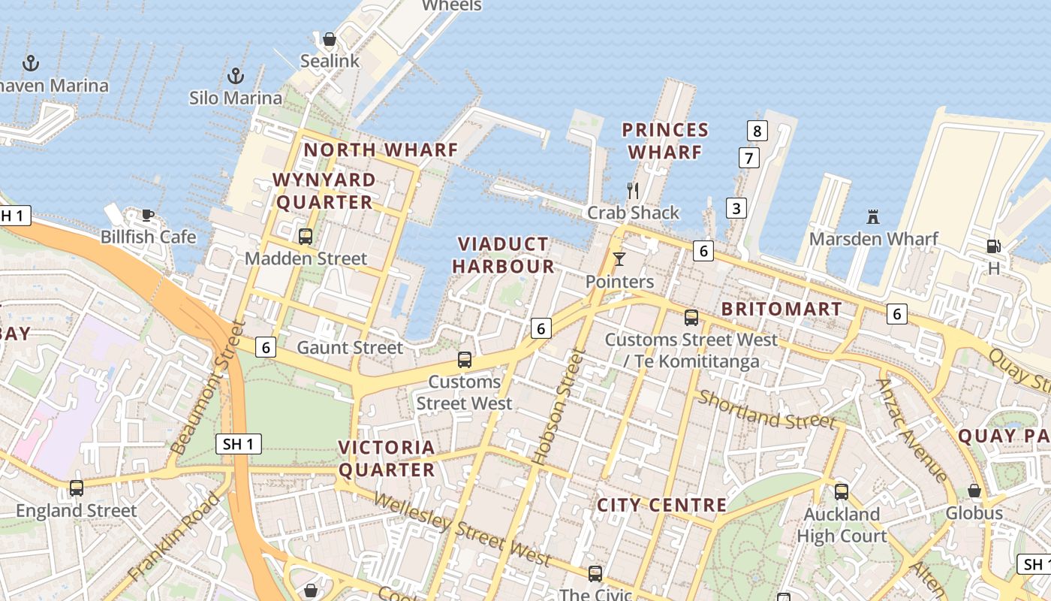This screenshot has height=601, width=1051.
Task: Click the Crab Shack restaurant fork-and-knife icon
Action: [x=633, y=191]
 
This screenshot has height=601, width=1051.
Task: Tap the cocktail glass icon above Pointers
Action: [x=619, y=260]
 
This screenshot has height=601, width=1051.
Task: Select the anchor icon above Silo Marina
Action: [x=236, y=76]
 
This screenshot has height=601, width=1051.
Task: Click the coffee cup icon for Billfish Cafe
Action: [x=148, y=216]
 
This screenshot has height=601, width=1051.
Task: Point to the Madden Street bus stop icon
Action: [x=306, y=237]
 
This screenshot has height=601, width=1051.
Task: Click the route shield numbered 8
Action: [x=757, y=131]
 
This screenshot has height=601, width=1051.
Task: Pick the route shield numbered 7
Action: [x=748, y=158]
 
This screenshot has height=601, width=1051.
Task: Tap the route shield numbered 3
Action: [x=736, y=208]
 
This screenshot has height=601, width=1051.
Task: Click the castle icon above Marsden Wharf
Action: [x=872, y=217]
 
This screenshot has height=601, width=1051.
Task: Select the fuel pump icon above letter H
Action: [x=993, y=246]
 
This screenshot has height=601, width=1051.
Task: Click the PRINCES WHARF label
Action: [x=665, y=141]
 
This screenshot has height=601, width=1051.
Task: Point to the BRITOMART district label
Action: [x=781, y=309]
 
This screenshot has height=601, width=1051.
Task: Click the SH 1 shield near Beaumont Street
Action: [x=238, y=444]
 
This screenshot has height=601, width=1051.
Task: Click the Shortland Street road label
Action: [x=766, y=409]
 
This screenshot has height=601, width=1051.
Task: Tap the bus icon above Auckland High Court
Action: [x=842, y=492]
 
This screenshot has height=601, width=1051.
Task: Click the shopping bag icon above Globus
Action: [x=974, y=491]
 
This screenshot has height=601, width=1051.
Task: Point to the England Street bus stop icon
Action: [x=77, y=488]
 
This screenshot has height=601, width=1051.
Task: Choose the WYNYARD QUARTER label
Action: [x=325, y=191]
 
